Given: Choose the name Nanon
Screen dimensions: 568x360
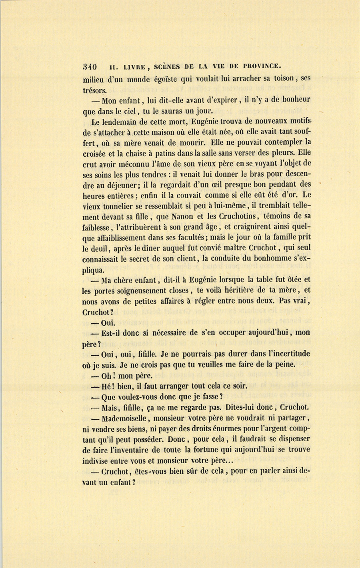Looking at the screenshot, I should (x=182, y=217).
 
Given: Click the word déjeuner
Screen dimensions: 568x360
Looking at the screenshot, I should (x=116, y=185).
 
